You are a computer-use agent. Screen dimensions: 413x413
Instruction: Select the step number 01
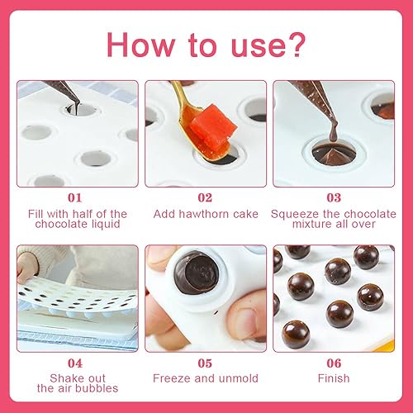pyautogui.click(x=75, y=197)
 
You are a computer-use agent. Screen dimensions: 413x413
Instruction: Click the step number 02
pyautogui.click(x=205, y=197)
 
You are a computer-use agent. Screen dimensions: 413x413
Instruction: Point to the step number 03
pyautogui.click(x=334, y=197)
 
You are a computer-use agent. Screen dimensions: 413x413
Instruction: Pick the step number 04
pyautogui.click(x=75, y=363)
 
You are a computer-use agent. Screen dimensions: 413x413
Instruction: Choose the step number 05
pyautogui.click(x=205, y=363)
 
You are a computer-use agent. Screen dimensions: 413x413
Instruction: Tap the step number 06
pyautogui.click(x=334, y=363)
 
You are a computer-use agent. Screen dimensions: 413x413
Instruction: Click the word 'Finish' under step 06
pyautogui.click(x=334, y=378)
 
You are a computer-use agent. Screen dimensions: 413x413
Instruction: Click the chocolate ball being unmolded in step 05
pyautogui.click(x=197, y=273)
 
